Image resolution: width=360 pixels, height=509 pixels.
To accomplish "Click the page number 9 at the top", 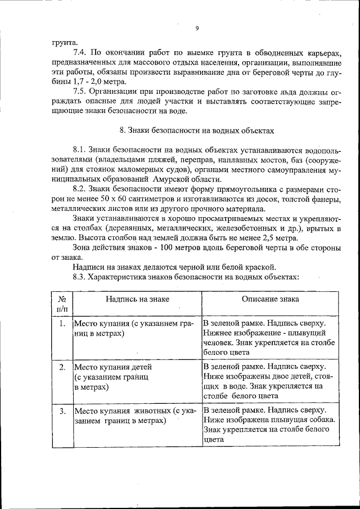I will pos(197,28).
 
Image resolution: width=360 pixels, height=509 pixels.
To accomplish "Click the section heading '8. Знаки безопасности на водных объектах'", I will pos(197,130).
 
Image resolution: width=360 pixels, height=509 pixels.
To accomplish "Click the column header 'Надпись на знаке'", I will pos(137,300).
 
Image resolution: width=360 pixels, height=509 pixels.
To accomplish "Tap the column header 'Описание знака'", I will pos(270,300).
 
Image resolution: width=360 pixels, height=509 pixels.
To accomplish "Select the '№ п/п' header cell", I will pos(62,304).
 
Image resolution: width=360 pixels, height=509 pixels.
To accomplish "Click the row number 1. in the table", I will pos(62,324).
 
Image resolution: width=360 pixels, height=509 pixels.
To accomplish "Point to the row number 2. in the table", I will pos(62,367).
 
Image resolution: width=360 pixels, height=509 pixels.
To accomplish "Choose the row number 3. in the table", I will pos(62,411).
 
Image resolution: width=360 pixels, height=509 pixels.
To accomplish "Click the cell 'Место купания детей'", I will pos(113,367).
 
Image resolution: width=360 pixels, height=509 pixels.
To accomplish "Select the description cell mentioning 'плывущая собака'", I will pos(270,425).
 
